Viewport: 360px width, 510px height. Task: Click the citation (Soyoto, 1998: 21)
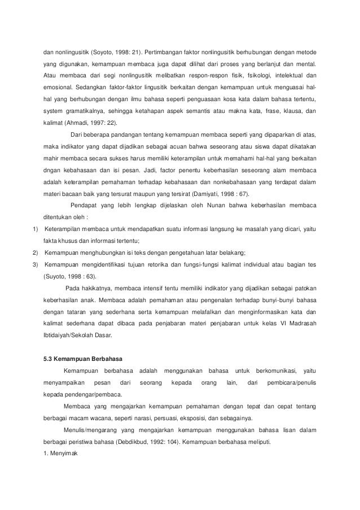tap(117, 46)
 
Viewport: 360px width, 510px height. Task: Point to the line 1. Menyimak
tap(63, 456)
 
